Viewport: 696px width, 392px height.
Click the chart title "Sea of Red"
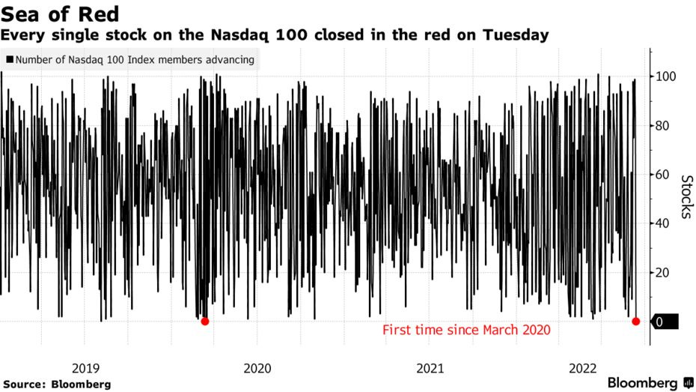(x=59, y=13)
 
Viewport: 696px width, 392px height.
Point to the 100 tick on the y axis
(x=667, y=76)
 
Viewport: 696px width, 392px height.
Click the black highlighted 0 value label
(x=661, y=322)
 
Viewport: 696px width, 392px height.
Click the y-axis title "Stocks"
(x=686, y=196)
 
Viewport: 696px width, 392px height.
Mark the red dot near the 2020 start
(x=205, y=322)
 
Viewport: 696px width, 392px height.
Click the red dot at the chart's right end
(x=636, y=322)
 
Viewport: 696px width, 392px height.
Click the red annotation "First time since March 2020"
(x=466, y=330)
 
